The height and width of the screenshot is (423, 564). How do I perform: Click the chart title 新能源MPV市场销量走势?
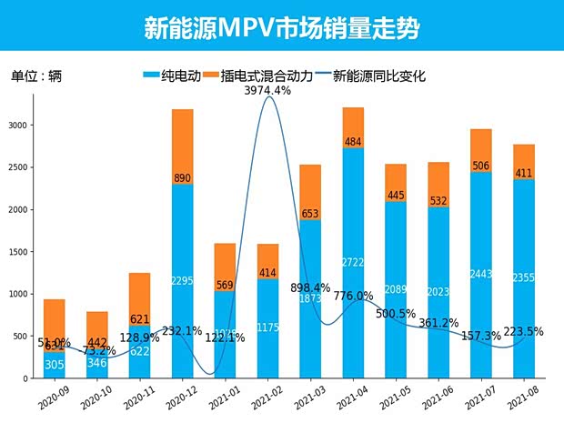281,27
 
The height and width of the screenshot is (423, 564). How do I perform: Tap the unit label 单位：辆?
36,76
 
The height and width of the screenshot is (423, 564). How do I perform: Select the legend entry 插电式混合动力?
265,76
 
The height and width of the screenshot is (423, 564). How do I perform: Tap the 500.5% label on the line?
398,314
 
